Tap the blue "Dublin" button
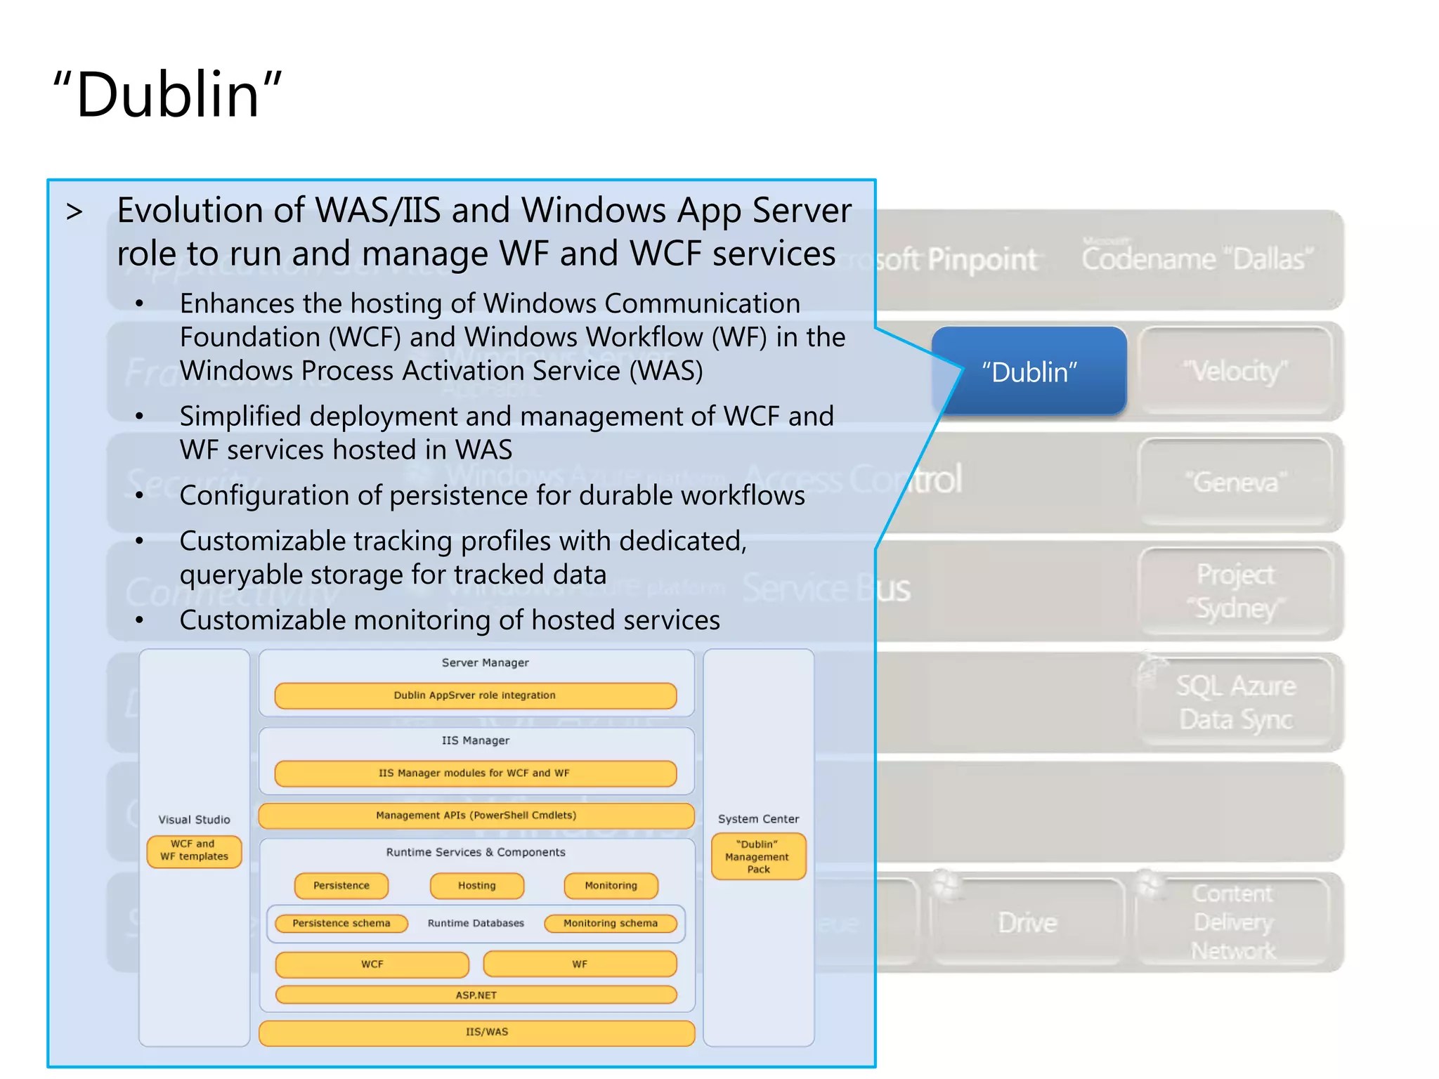[1029, 372]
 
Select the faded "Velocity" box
[1235, 372]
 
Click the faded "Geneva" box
[1235, 482]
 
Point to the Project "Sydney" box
[1235, 591]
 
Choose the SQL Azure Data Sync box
[1235, 702]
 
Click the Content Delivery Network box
[1233, 922]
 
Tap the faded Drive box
[1027, 922]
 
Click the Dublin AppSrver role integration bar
[475, 695]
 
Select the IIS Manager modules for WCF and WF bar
[475, 773]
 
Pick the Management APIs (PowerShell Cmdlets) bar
[476, 816]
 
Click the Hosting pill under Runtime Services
[477, 885]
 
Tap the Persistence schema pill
[341, 923]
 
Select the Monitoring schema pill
[611, 923]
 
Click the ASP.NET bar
[476, 995]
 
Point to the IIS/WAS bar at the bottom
[476, 1032]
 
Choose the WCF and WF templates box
[194, 851]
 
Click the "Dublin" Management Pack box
[758, 856]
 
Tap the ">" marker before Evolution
[74, 211]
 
